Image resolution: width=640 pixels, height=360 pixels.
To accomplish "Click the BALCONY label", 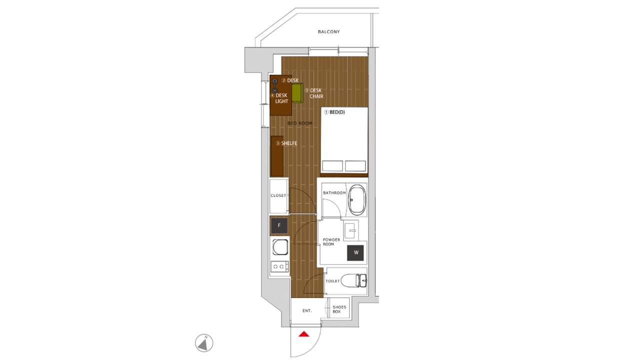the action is pyautogui.click(x=328, y=31).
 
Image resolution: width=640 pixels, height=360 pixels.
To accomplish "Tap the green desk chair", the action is pyautogui.click(x=297, y=93).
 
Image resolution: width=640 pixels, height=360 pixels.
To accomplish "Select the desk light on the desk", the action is pyautogui.click(x=274, y=85).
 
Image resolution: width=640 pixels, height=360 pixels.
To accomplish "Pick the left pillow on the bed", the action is pyautogui.click(x=332, y=166).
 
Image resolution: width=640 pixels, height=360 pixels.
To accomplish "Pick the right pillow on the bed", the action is pyautogui.click(x=355, y=166).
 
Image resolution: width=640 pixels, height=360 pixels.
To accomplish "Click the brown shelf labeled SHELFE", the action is pyautogui.click(x=277, y=156).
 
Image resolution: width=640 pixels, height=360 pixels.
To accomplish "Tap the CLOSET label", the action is pyautogui.click(x=278, y=195).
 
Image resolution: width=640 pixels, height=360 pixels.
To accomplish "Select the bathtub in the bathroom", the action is pyautogui.click(x=357, y=199).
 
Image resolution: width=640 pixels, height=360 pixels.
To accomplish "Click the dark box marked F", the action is pyautogui.click(x=279, y=225).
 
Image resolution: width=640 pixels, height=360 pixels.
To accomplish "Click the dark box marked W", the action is pyautogui.click(x=355, y=252).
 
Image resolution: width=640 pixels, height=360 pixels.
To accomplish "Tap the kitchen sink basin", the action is pyautogui.click(x=280, y=247).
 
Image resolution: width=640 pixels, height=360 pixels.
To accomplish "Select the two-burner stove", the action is pyautogui.click(x=279, y=266).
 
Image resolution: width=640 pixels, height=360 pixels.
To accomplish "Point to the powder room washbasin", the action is pyautogui.click(x=351, y=230).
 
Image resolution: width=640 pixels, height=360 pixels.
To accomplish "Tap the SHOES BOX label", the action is pyautogui.click(x=339, y=309).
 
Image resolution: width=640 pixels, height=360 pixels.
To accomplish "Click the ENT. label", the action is pyautogui.click(x=307, y=310).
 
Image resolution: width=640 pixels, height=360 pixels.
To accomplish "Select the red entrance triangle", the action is pyautogui.click(x=303, y=333).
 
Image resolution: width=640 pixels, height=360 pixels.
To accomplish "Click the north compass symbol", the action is pyautogui.click(x=204, y=343).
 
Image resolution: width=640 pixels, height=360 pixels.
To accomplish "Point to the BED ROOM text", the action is pyautogui.click(x=300, y=123).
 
